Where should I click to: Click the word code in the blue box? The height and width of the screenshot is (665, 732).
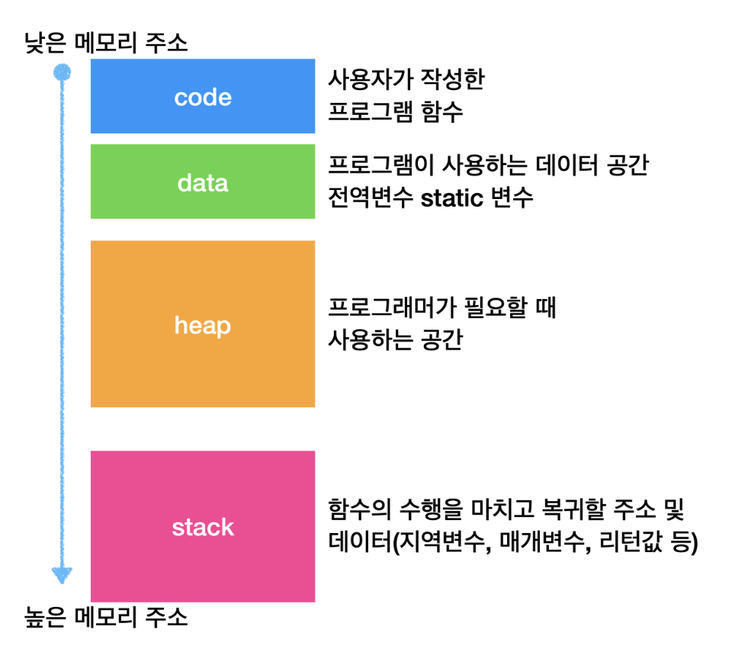coord(203,97)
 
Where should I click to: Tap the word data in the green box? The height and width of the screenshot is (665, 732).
coord(203,182)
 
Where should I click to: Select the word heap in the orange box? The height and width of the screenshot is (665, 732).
coord(203,325)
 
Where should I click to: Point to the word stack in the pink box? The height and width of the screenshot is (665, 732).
coord(203,527)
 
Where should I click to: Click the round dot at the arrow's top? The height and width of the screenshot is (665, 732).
coord(62,72)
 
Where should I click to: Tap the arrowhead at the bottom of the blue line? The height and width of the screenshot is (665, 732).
coord(62,575)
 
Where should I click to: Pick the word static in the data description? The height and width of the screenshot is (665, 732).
coord(452,198)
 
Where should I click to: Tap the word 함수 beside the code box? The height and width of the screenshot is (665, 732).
coord(441,111)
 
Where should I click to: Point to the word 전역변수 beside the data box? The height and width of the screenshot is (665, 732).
coord(371,198)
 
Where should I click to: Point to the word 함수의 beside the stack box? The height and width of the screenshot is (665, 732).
coord(359,509)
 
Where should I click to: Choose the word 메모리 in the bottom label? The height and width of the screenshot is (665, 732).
coord(106,617)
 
